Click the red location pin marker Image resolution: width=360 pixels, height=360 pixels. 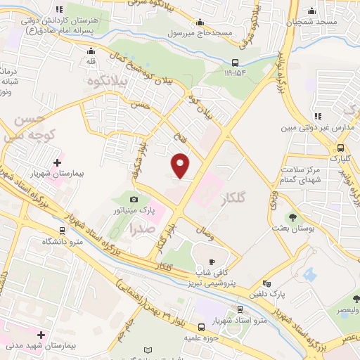pos(181,165)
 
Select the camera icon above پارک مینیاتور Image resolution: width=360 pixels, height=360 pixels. pos(134,200)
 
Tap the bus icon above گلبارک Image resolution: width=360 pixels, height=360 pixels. pos(340,148)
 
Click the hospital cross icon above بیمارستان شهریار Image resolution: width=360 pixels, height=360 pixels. pos(57,162)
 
